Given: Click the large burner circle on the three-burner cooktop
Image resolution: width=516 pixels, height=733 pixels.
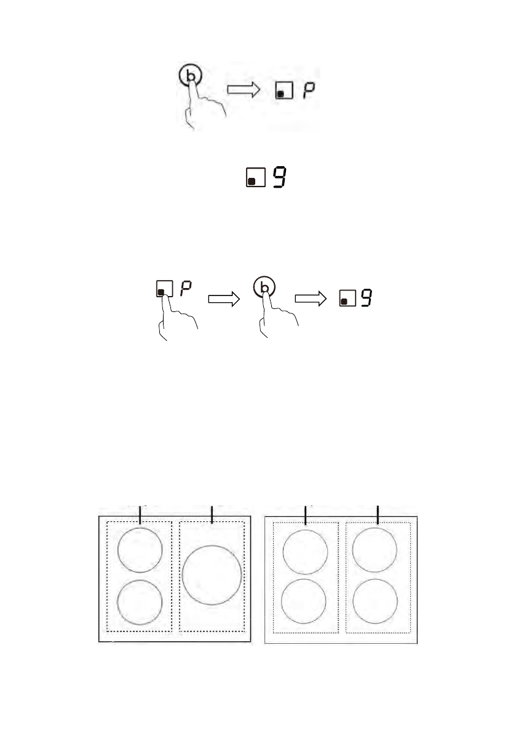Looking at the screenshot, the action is [x=212, y=574].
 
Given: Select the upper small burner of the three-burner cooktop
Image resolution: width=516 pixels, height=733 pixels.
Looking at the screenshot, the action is [x=140, y=549].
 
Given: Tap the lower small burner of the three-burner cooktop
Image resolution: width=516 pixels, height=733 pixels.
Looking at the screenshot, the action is [x=140, y=602].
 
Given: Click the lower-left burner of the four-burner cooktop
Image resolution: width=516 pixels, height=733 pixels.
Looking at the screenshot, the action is [x=304, y=601].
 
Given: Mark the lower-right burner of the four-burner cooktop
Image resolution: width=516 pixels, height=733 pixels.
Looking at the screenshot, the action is [x=375, y=601].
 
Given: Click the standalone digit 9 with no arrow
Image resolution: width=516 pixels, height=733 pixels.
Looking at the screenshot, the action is [x=280, y=177].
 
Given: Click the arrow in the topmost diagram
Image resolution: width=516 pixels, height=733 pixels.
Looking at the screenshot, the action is [x=245, y=90].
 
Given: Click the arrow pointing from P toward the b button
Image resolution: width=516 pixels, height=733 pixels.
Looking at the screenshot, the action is [x=224, y=298].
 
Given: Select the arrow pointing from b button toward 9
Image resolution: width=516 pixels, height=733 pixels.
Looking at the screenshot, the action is [x=311, y=298].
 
